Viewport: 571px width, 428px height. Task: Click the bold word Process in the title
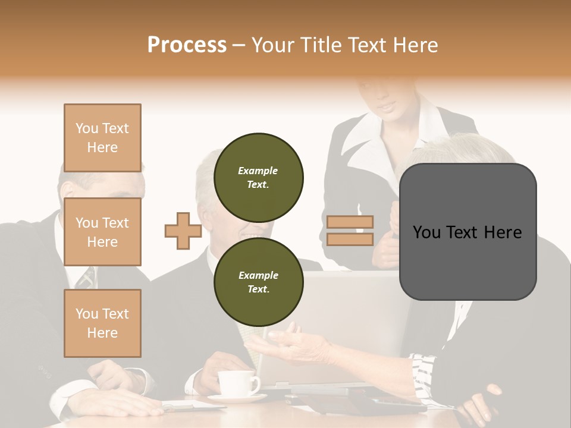pyautogui.click(x=187, y=45)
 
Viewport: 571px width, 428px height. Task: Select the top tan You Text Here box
pyautogui.click(x=102, y=138)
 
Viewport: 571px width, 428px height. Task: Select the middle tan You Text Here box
pyautogui.click(x=102, y=232)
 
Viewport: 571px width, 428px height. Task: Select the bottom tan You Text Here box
pyautogui.click(x=102, y=323)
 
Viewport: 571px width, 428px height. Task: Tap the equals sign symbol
pyautogui.click(x=350, y=231)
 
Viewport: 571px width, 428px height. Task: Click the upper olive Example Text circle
pyautogui.click(x=258, y=177)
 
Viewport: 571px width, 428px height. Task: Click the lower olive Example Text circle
pyautogui.click(x=258, y=282)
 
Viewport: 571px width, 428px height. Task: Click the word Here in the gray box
pyautogui.click(x=503, y=232)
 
